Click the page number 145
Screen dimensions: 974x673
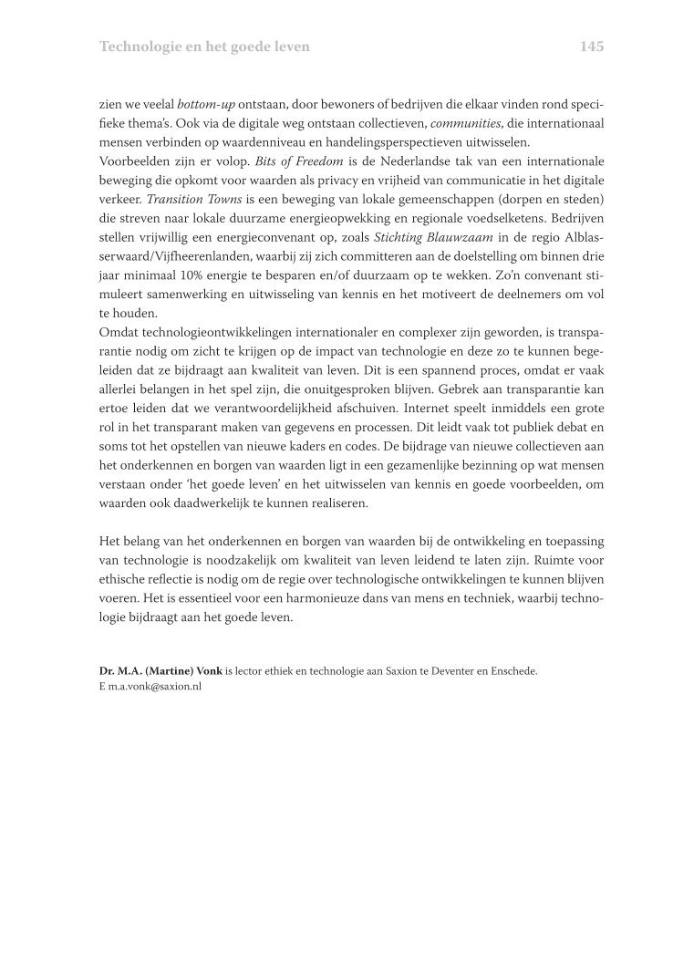[592, 46]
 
